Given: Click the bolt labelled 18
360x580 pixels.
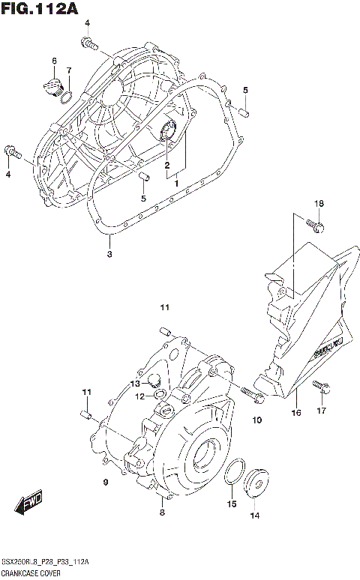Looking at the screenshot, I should click(315, 223).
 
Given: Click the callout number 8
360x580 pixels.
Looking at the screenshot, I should click(161, 512).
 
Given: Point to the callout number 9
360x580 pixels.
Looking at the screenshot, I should click(106, 482).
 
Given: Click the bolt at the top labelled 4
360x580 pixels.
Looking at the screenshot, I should click(91, 46).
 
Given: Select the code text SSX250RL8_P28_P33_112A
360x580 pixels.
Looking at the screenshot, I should click(45, 562).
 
